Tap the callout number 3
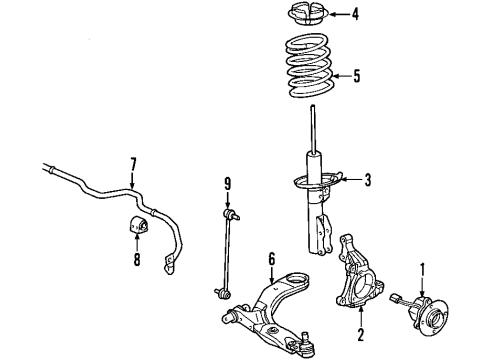coord(368,180)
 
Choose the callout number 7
coord(131,162)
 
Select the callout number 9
coord(228,183)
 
